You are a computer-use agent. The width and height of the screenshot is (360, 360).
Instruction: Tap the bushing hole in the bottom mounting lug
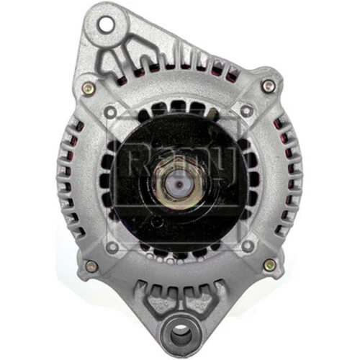pos(179,335)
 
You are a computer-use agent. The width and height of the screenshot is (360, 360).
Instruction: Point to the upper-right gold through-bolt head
pos(269,86)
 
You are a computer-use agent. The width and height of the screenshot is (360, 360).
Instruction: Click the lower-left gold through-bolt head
pos(91,266)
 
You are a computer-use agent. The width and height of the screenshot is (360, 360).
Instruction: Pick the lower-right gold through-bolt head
pos(270,265)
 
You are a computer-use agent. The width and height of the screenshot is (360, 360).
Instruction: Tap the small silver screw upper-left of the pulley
pos(111,112)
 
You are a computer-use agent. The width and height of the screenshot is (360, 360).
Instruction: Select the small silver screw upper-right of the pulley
pos(247,111)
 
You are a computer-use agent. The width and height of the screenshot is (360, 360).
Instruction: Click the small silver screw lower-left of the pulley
pos(112,246)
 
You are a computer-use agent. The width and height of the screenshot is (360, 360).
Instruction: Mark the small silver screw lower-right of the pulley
pos(247,246)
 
